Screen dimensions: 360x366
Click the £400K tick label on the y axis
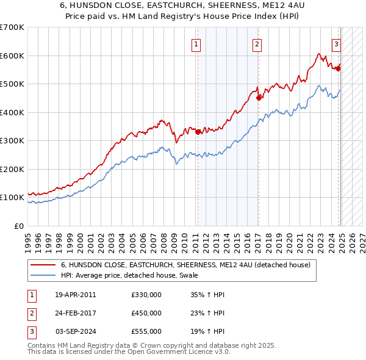click(12, 112)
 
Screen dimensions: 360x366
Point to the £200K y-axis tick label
click(12, 169)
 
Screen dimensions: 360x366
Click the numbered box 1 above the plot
click(196, 44)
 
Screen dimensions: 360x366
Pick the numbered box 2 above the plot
click(257, 44)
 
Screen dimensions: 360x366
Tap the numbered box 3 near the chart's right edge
click(336, 44)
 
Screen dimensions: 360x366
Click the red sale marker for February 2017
click(259, 98)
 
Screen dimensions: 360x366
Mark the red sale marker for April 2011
click(198, 132)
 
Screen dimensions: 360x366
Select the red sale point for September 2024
click(338, 68)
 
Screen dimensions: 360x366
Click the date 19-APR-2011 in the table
click(75, 294)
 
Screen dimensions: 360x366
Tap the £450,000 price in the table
click(146, 313)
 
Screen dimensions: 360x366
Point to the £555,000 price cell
click(146, 331)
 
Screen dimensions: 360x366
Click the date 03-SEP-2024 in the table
click(75, 331)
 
